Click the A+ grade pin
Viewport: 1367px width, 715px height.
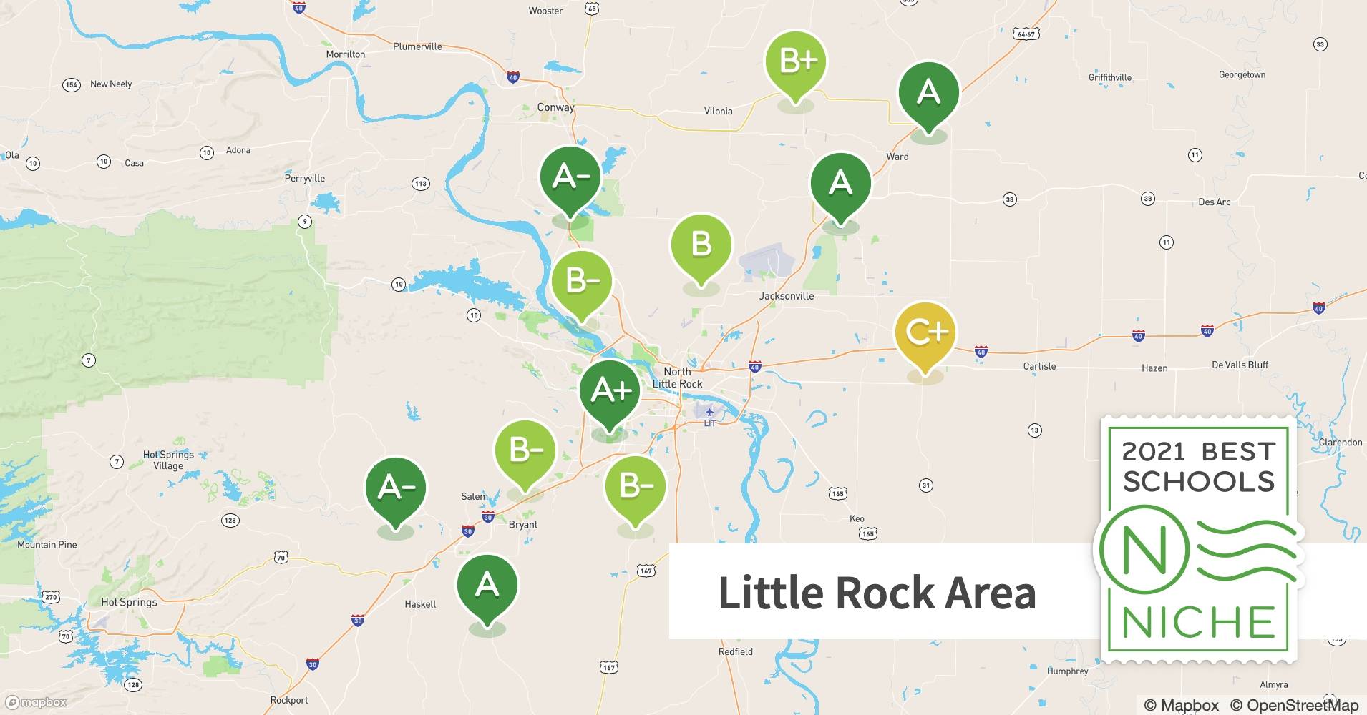pos(609,392)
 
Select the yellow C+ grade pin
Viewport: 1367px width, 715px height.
pos(925,333)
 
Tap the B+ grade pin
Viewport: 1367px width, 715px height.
pos(796,62)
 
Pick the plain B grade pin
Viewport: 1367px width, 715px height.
pos(701,245)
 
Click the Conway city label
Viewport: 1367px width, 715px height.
pos(555,107)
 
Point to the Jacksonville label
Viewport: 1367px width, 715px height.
pos(787,295)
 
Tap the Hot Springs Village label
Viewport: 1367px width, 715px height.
pos(168,460)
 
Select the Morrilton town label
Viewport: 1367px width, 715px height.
pos(345,54)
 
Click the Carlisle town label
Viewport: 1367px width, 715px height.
pos(1039,366)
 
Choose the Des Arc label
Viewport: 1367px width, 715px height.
pos(1214,202)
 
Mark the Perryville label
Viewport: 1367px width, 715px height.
pos(304,178)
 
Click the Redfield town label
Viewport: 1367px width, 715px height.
pos(735,651)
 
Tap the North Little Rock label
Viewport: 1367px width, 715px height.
pos(677,378)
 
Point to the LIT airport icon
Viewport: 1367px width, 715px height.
pos(709,413)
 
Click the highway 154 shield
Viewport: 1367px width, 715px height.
pos(71,85)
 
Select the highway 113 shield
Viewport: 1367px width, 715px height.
pos(420,184)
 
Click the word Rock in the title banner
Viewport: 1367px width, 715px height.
pos(885,593)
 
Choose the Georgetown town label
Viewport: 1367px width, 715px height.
pos(1242,74)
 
